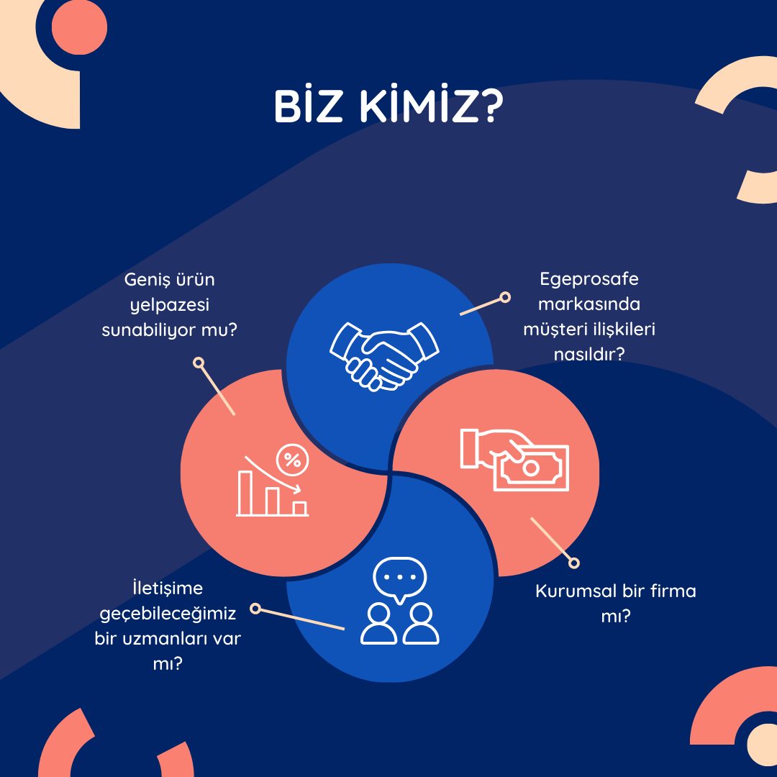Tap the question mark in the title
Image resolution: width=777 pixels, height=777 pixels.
pos(491,106)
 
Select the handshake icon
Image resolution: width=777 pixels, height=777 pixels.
pos(384,356)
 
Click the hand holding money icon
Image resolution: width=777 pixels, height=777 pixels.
pos(514,459)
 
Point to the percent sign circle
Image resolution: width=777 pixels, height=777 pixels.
pos(292,460)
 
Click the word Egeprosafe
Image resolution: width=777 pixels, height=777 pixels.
pos(589,279)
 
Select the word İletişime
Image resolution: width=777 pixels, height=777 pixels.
pos(168,588)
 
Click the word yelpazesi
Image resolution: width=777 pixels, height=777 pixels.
pos(170,305)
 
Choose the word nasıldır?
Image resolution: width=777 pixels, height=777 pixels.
pos(589,354)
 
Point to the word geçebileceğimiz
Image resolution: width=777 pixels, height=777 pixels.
pos(168,614)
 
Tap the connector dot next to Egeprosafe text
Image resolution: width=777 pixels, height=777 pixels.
pos(505,297)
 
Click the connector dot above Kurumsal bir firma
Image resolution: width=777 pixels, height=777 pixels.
pos(574,563)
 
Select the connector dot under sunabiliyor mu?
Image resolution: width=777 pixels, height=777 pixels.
pos(199,363)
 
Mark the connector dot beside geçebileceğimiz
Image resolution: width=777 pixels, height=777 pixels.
pos(255,609)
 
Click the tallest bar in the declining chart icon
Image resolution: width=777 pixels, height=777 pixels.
pos(245,493)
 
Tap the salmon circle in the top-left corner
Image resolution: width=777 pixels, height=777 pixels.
pos(79,27)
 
